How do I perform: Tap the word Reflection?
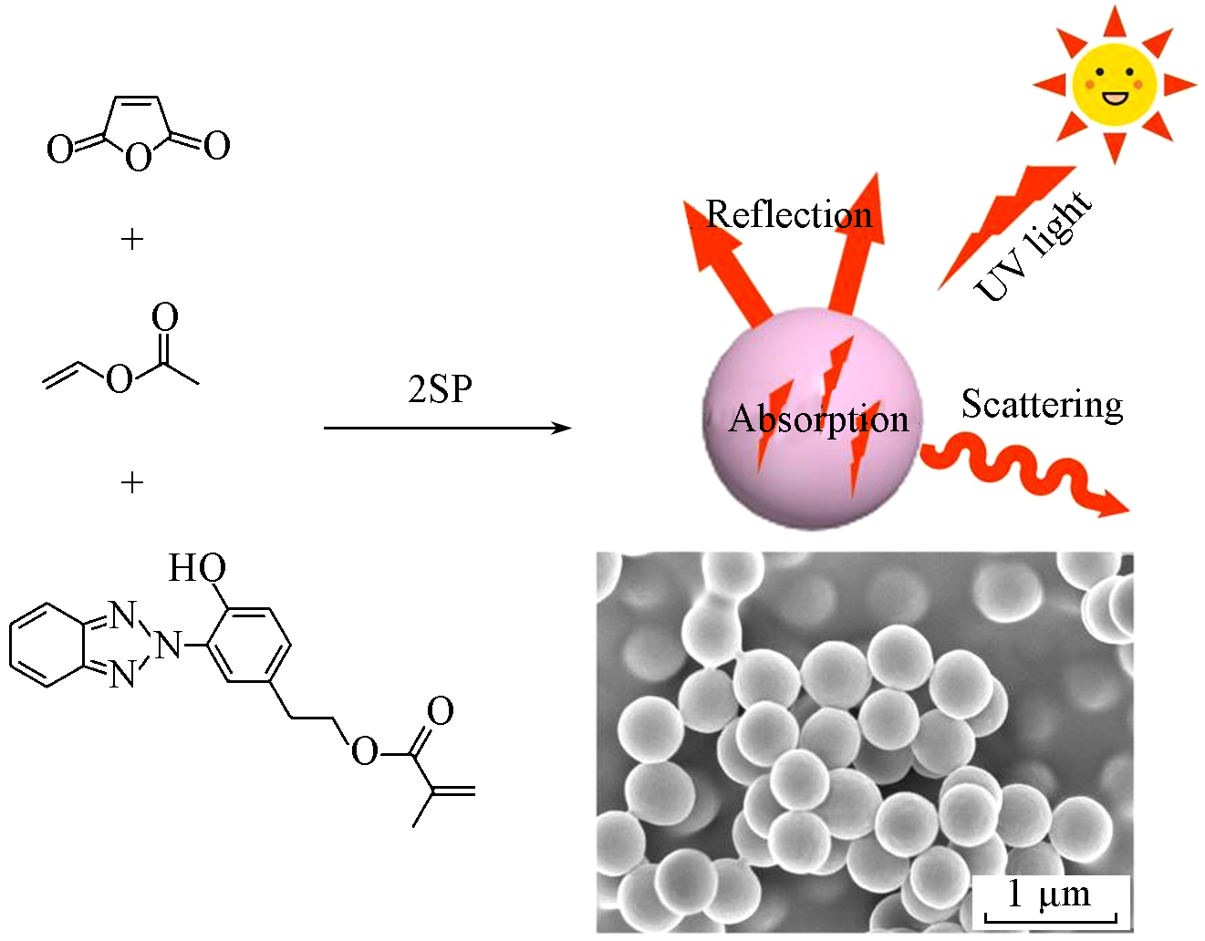point(789,214)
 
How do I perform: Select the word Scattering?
point(1042,406)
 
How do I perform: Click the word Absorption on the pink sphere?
point(818,419)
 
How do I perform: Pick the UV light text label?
point(1033,246)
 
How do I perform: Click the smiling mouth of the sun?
point(1115,99)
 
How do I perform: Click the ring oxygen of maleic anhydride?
point(138,158)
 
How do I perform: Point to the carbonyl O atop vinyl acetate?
point(165,316)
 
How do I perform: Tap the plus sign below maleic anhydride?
point(132,240)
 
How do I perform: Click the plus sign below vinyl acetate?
point(132,482)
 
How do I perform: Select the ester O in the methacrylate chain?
point(365,751)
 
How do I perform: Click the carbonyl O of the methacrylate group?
point(441,711)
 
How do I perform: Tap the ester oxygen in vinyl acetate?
point(119,379)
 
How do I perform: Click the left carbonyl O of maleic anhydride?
point(60,149)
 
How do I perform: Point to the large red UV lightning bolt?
point(1006,227)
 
